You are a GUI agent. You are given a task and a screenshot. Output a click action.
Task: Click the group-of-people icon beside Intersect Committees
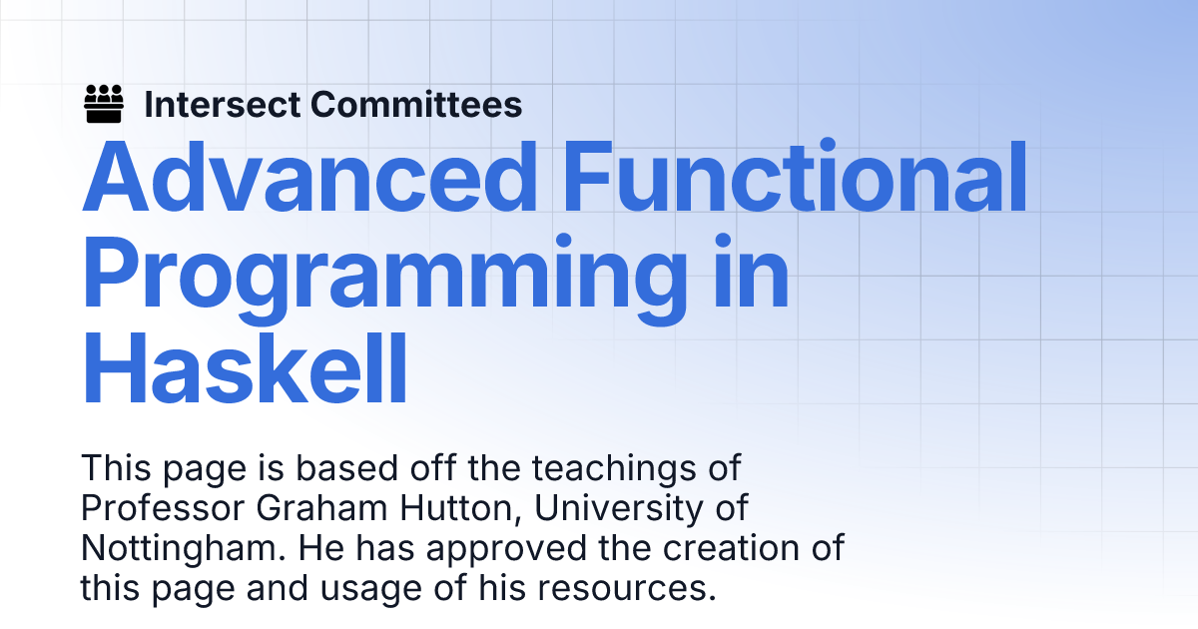tap(104, 104)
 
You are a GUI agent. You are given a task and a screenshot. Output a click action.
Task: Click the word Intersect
tap(222, 104)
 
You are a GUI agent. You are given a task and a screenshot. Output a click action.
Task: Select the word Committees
tap(416, 104)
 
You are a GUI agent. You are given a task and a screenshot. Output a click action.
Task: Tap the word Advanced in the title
tap(309, 177)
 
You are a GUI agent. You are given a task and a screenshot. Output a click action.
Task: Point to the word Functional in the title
tap(796, 176)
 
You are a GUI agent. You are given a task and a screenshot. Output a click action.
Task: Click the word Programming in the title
tap(384, 279)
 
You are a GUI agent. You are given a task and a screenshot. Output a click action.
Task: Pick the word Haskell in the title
tap(245, 368)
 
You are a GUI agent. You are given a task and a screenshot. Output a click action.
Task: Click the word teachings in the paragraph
tap(613, 468)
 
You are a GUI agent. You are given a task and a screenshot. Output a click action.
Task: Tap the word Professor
tap(163, 507)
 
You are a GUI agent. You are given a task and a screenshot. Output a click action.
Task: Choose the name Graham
tap(321, 507)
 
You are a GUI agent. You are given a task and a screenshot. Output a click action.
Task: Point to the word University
tap(619, 508)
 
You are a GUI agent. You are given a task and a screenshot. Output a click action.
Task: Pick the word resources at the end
tap(626, 589)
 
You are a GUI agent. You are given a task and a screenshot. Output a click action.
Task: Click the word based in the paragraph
tap(347, 468)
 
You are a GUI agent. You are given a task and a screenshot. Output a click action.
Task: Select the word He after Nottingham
tap(320, 548)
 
